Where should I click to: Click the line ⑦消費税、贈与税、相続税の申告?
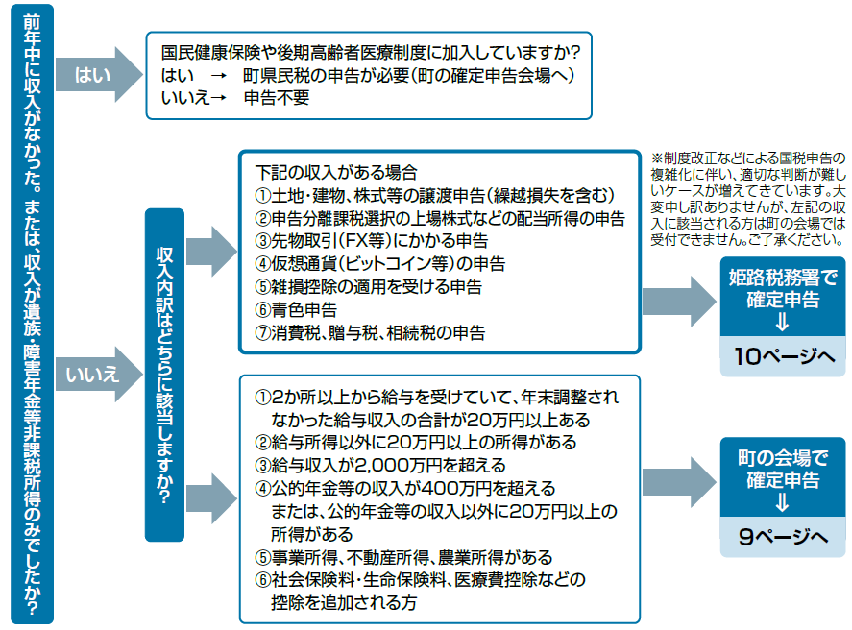click(x=370, y=332)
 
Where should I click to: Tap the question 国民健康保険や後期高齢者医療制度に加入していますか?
click(x=371, y=51)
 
